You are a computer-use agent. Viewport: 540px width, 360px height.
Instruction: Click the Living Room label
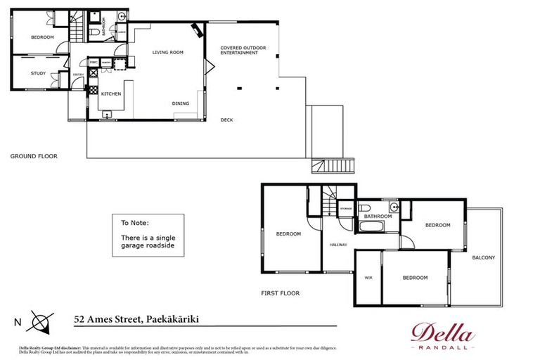click(x=168, y=52)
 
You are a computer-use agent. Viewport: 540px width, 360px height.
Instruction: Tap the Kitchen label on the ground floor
click(x=111, y=94)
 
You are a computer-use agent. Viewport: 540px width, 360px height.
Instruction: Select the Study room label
click(x=38, y=73)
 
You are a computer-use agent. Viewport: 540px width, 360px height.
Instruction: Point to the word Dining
click(x=181, y=103)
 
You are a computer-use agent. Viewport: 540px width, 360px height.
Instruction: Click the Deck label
click(x=226, y=120)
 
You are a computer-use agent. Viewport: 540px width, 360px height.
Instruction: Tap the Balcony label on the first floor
click(x=483, y=257)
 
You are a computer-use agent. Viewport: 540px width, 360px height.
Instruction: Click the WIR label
click(x=368, y=278)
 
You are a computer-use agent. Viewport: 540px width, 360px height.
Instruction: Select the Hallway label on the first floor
click(x=338, y=245)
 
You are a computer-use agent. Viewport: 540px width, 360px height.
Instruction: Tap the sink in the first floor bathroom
click(x=404, y=207)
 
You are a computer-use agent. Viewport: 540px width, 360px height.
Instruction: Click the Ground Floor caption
click(x=34, y=156)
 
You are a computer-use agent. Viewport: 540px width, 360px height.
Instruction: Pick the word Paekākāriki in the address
click(x=172, y=319)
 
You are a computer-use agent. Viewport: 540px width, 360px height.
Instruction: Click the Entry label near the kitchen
click(x=78, y=76)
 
